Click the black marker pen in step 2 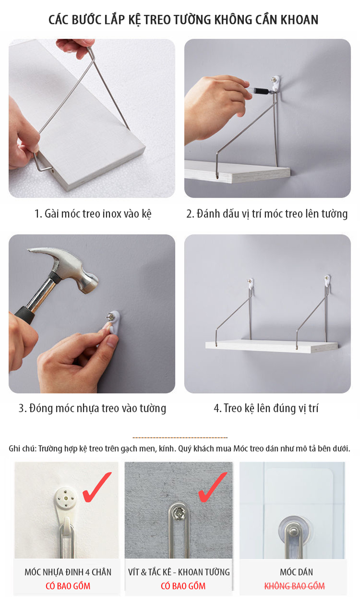[261, 91]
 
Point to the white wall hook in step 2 [275, 83]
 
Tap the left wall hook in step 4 [251, 284]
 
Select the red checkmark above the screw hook [212, 487]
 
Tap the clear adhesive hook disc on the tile [294, 529]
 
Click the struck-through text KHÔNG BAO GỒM [294, 586]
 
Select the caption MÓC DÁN [296, 572]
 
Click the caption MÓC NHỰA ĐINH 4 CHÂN [68, 572]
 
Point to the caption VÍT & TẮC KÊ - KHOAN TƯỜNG [179, 572]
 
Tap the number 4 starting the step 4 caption [217, 408]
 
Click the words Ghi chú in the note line [22, 448]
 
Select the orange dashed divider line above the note [180, 438]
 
